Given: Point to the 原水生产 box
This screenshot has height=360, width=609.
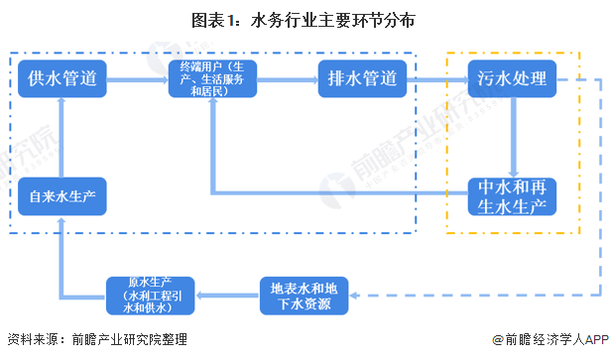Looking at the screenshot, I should [152, 295].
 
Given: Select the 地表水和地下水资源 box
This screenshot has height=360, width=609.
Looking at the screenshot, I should [304, 295].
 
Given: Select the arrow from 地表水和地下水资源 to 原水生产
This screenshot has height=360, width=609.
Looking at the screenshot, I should [227, 295].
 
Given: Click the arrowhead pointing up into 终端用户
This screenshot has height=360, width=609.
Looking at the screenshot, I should [212, 108].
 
